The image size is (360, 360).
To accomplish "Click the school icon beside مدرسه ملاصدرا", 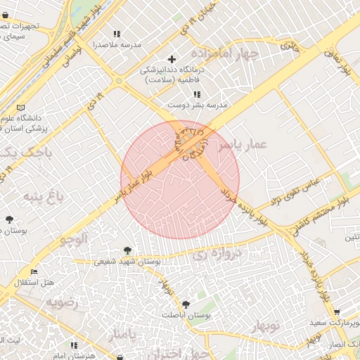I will click(117, 34).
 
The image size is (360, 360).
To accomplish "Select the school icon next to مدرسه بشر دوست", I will click(198, 94).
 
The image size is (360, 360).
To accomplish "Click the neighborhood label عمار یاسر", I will click(242, 144).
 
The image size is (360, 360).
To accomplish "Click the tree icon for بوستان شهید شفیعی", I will click(127, 250).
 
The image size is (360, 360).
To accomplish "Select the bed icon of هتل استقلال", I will click(34, 272).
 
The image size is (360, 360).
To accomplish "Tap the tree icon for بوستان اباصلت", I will click(185, 304).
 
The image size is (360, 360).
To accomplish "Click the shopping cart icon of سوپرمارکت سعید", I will click(337, 313).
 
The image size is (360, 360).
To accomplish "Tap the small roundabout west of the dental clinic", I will click(119, 82).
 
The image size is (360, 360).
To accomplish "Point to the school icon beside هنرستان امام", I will click(75, 345).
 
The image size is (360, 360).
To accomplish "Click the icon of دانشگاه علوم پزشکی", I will click(20, 108).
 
